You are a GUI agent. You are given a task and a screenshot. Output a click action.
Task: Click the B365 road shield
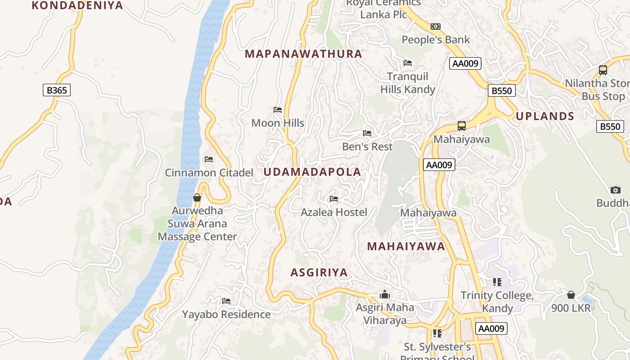pos(57,90)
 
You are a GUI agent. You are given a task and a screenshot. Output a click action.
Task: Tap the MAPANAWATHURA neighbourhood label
pos(303,54)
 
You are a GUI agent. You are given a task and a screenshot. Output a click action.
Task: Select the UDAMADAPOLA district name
pos(312,172)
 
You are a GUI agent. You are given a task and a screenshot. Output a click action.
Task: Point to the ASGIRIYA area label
pos(319,272)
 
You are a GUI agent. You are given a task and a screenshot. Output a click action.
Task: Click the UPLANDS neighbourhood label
pos(545,116)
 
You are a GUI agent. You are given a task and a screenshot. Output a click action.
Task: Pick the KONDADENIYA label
pos(77,5)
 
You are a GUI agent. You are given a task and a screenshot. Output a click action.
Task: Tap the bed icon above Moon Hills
pos(278,110)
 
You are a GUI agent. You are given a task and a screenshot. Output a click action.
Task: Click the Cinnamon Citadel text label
pos(209,173)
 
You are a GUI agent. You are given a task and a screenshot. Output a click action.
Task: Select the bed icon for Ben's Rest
pos(367,133)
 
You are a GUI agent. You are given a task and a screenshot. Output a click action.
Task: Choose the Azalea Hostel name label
pos(334,212)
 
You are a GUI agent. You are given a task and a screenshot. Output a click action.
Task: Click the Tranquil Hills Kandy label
pos(408,83)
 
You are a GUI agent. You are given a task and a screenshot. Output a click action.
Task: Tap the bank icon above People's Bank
pos(435,27)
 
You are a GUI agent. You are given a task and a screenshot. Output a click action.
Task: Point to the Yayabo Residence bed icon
pos(226,301)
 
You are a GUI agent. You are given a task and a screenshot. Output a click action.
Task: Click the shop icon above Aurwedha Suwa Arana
pos(197,198)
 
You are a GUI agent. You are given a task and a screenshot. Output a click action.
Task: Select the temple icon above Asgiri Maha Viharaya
pos(385,295)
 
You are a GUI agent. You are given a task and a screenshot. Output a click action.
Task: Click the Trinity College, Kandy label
pos(497,302)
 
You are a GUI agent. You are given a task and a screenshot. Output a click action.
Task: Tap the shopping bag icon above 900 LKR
pos(571,295)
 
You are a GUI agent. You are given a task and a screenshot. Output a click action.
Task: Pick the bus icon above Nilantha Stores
pos(603,70)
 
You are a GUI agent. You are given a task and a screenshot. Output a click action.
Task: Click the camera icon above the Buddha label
pos(615,190)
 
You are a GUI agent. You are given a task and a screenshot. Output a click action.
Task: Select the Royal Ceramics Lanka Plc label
pos(383,9)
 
